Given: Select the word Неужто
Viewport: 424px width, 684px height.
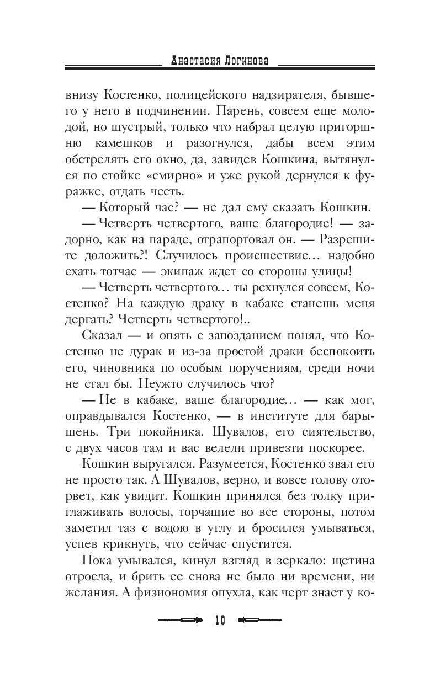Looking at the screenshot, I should coord(155,384).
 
